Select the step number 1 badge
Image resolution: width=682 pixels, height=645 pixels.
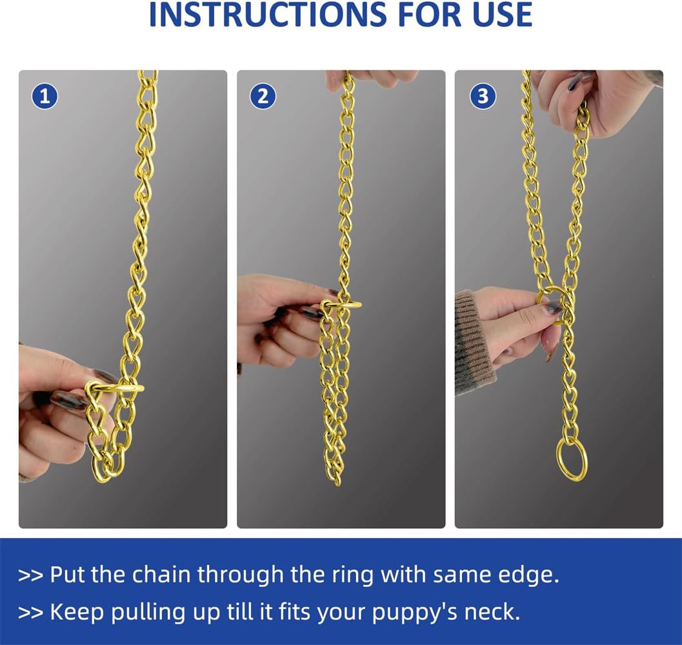click(45, 97)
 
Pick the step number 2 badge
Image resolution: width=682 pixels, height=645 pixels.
click(263, 97)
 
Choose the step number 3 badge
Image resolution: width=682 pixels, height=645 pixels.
click(483, 97)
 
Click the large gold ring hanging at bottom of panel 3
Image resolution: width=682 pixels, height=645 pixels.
click(572, 459)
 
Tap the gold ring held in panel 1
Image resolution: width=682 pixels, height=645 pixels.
click(116, 388)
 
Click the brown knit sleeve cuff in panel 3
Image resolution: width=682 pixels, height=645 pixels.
click(472, 342)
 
